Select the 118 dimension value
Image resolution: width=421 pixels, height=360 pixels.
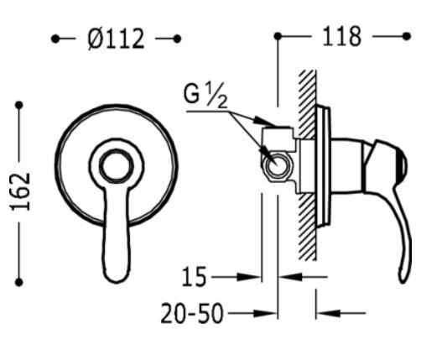point(343,37)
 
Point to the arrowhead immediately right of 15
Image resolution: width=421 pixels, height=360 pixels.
point(255,275)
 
